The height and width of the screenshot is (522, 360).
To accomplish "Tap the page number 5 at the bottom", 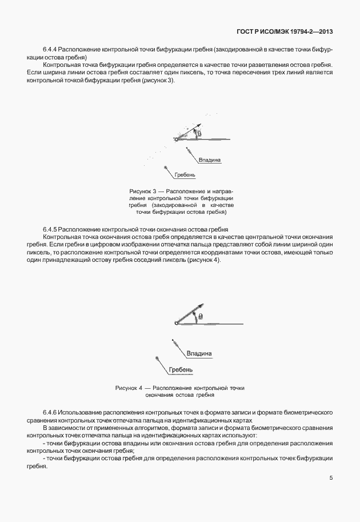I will [x=331, y=478].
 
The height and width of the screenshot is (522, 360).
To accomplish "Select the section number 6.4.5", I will [x=50, y=228].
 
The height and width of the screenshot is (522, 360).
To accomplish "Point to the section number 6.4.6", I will [x=50, y=412].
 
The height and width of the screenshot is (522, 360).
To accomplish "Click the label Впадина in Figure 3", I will [x=210, y=160].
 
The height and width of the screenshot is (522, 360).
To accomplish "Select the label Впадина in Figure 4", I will [x=199, y=353].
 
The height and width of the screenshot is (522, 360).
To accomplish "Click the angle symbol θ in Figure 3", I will [x=199, y=134].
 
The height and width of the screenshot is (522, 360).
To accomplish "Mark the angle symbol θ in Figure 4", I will [x=200, y=316].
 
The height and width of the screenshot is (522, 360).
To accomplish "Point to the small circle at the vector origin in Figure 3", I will [x=176, y=139].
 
